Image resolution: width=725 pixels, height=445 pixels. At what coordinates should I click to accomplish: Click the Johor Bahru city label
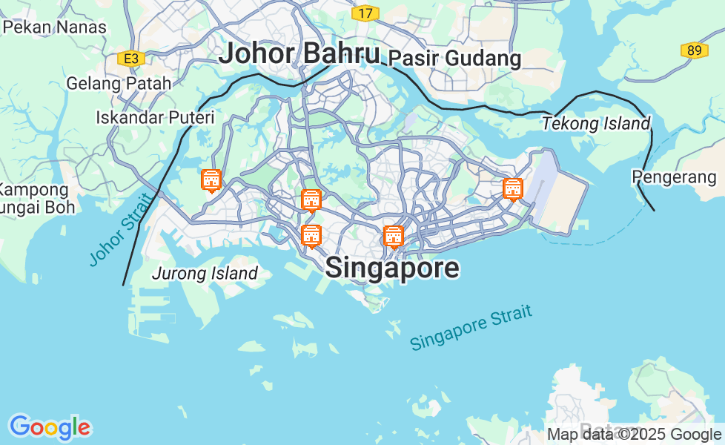(x=299, y=53)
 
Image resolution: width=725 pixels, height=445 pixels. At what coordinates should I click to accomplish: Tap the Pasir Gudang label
(x=454, y=58)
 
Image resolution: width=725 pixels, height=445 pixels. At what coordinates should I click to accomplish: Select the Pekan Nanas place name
(x=55, y=27)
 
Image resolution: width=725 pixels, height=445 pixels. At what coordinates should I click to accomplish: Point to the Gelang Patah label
(x=119, y=83)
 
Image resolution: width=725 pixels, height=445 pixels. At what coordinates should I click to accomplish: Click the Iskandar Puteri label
(x=155, y=117)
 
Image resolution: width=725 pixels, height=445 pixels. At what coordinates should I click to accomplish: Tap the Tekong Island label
(x=595, y=124)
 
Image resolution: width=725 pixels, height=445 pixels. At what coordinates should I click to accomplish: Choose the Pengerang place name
(x=674, y=177)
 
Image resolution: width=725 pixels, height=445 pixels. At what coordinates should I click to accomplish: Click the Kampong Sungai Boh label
(x=37, y=198)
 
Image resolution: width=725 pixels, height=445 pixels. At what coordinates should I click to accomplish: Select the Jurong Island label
(x=205, y=273)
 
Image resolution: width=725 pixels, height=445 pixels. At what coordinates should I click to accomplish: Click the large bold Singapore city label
(x=392, y=268)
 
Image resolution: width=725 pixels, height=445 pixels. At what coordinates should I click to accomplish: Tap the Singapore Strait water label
(x=471, y=327)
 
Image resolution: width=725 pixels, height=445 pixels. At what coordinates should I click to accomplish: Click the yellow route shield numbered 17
(x=365, y=13)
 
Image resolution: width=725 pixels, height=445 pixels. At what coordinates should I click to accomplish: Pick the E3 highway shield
(x=130, y=59)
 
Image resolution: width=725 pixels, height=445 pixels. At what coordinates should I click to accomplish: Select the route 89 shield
(x=694, y=50)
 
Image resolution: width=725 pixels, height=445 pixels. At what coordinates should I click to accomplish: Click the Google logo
(x=50, y=427)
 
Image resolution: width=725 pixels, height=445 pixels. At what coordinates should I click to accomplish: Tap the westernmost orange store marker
(x=211, y=180)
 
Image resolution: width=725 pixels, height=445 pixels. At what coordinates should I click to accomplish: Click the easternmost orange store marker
(x=512, y=189)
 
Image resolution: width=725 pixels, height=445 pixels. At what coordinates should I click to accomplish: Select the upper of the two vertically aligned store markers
(x=311, y=200)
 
